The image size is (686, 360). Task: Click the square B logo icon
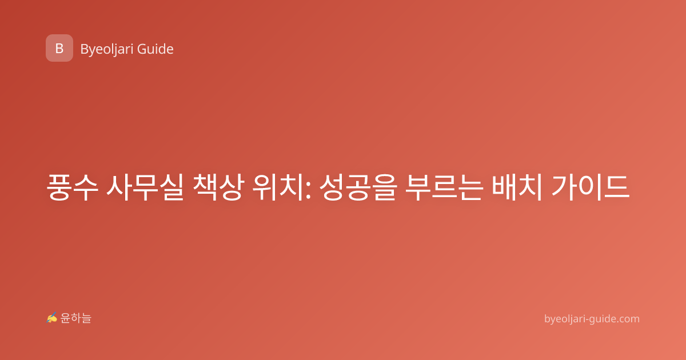[x=59, y=48]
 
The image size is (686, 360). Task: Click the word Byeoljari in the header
[x=107, y=50]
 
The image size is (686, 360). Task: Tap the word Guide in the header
[x=155, y=49]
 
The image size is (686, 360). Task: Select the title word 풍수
[x=72, y=187]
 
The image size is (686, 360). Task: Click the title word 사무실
[x=145, y=187]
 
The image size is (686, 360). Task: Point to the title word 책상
[x=218, y=187]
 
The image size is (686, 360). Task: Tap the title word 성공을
[x=358, y=187]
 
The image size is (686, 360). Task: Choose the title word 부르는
[x=444, y=187]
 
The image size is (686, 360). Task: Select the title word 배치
[x=517, y=187]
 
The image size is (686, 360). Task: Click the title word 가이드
[x=591, y=187]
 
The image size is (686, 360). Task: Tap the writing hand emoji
[x=52, y=318]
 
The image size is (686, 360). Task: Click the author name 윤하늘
[x=75, y=318]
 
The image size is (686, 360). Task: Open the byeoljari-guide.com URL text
[x=592, y=319]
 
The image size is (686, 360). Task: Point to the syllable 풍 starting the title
[x=59, y=187]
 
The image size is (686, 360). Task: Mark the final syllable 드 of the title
[x=617, y=187]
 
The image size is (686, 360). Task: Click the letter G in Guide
[x=142, y=49]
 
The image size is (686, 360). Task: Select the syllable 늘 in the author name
[x=86, y=318]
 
